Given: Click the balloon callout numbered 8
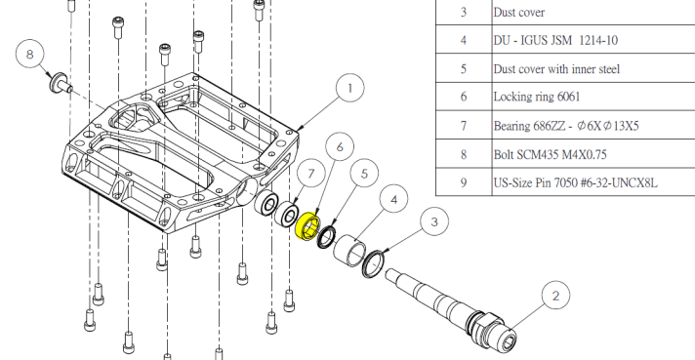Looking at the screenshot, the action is click(30, 55).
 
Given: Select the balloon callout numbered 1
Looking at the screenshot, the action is click(350, 88).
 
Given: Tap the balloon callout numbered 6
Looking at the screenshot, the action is click(340, 146).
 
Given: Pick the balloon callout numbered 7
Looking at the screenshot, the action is click(311, 174).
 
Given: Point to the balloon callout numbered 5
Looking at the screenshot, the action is click(364, 173).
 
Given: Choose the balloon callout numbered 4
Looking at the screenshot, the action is click(394, 199).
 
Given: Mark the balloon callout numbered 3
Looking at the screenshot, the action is click(434, 221).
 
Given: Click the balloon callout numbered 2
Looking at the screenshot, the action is click(555, 296).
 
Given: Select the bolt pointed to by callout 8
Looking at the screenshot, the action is click(61, 84).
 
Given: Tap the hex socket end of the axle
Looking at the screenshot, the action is click(510, 341).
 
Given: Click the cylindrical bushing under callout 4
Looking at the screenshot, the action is click(350, 250).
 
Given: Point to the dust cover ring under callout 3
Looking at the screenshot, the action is click(373, 264).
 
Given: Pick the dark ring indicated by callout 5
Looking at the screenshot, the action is click(327, 237).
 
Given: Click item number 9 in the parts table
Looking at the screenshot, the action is click(464, 182).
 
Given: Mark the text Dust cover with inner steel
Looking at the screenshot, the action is click(556, 68).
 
